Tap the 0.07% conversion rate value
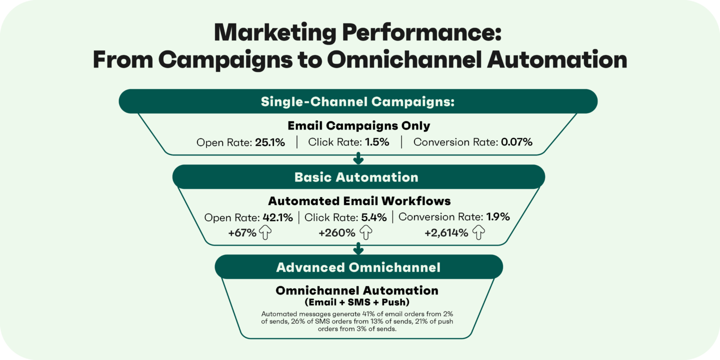pos(516,142)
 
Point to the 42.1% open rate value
pos(277,217)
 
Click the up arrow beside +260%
pos(366,233)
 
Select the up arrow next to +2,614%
pos(479,233)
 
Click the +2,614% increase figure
pos(446,233)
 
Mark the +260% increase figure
pos(337,233)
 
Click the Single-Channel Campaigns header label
pos(357,102)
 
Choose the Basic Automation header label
pos(356,177)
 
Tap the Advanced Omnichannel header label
pos(358,267)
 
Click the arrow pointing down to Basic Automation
pos(358,159)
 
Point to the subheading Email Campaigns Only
pos(359,125)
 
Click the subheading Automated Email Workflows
pos(359,201)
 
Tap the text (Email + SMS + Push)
pos(357,302)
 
